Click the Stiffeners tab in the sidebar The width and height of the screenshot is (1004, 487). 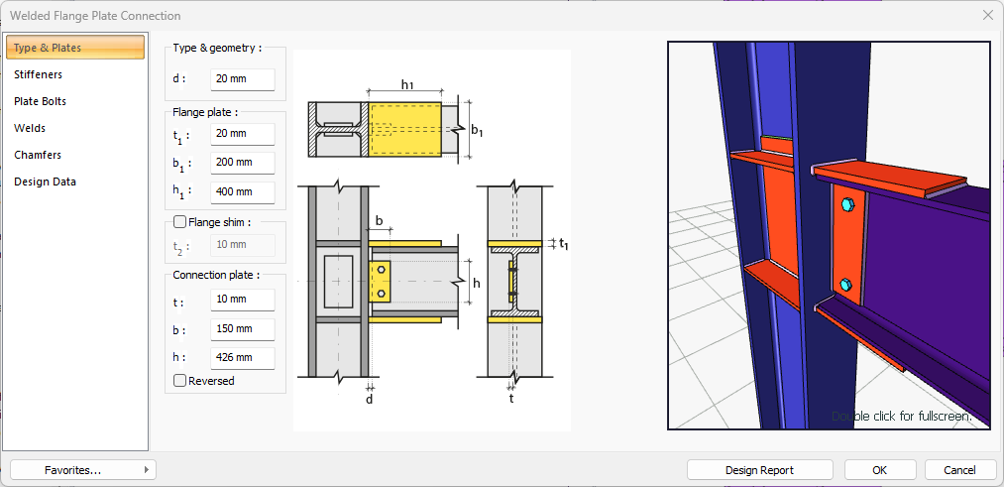38,74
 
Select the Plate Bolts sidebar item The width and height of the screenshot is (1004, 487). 40,101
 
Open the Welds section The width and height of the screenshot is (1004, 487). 30,128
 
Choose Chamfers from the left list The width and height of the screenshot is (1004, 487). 37,155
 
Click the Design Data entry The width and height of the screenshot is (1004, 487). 45,182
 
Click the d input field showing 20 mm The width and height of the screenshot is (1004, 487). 242,79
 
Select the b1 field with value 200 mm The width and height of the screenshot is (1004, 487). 242,163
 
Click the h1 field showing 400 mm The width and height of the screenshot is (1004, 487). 242,192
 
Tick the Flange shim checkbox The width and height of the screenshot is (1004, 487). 180,222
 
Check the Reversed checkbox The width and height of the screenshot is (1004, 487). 180,381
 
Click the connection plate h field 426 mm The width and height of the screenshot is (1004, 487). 242,358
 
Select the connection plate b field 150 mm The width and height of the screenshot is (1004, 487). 242,329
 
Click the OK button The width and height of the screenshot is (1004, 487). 879,470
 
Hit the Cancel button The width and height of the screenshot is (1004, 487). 959,470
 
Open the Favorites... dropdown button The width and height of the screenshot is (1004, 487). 83,470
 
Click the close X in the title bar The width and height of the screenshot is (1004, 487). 988,16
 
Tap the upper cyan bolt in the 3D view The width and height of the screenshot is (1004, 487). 845,205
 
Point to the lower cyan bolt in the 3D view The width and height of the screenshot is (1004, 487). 845,285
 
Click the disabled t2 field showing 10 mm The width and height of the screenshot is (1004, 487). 242,245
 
